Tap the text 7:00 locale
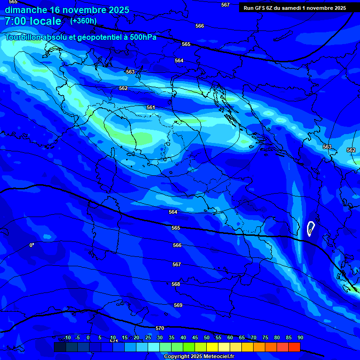pyautogui.click(x=33, y=21)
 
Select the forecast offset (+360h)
pyautogui.click(x=83, y=21)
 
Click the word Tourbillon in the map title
pyautogui.click(x=23, y=37)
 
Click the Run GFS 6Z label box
pyautogui.click(x=294, y=7)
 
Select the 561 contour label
pyautogui.click(x=150, y=107)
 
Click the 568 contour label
pyautogui.click(x=176, y=284)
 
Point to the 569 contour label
pyautogui.click(x=178, y=305)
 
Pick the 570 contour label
pyautogui.click(x=160, y=328)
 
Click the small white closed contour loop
pyautogui.click(x=310, y=229)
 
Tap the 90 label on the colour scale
pyautogui.click(x=300, y=337)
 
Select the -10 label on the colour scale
pyautogui.click(x=66, y=337)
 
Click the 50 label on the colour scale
pyautogui.click(x=206, y=337)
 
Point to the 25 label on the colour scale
pyautogui.click(x=148, y=337)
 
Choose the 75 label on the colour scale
pyautogui.click(x=265, y=337)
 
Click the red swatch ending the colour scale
pyautogui.click(x=294, y=347)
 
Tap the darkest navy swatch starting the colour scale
pyautogui.click(x=60, y=347)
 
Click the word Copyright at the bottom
pyautogui.click(x=177, y=356)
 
